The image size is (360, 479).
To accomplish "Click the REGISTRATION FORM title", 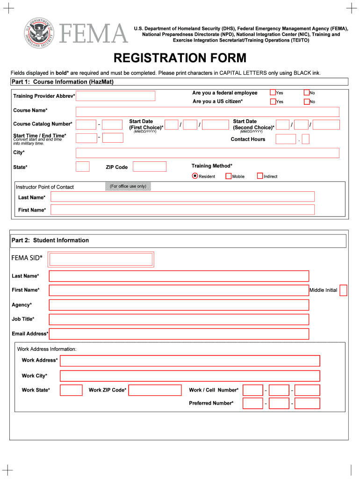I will (180, 58).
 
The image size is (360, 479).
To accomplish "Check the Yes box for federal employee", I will (273, 93).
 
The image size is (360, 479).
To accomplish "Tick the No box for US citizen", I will (307, 102).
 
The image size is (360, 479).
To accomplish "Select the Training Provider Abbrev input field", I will (115, 96).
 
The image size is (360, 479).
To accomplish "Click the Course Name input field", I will (208, 112).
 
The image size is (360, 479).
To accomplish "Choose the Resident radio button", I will (195, 176).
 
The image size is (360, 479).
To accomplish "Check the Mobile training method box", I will (229, 176).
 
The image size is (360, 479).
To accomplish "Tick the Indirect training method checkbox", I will (260, 176).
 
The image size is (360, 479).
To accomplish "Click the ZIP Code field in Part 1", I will (150, 167).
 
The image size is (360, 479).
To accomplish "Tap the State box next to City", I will (82, 167).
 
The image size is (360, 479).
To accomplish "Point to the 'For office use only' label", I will (128, 186).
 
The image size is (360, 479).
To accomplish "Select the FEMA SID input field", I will (101, 259).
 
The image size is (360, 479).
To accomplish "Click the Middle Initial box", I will (343, 290).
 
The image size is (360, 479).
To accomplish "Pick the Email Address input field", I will (179, 334).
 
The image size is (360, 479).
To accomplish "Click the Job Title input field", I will (179, 319).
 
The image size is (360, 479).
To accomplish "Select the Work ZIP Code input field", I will (155, 390).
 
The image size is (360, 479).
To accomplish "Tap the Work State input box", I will (72, 390).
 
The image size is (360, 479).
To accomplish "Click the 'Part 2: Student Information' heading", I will (50, 240).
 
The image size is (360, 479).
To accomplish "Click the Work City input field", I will (190, 376).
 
